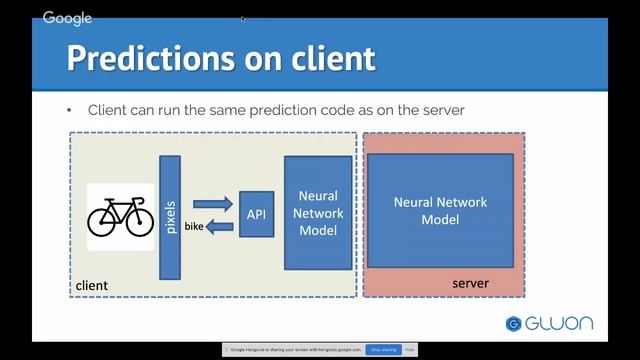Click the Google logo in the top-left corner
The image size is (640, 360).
click(67, 18)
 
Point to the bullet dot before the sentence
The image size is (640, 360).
click(70, 110)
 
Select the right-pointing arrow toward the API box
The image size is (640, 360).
click(212, 204)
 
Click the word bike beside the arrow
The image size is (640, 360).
click(194, 228)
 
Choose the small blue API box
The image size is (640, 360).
click(257, 214)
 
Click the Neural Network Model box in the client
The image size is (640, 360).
click(319, 213)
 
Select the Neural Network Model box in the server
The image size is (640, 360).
click(440, 210)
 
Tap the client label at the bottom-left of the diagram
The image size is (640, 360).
click(92, 286)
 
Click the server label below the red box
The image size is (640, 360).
click(470, 284)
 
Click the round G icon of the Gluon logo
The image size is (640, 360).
click(514, 323)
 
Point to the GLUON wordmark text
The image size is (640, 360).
click(559, 323)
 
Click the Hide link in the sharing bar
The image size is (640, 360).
click(410, 350)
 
